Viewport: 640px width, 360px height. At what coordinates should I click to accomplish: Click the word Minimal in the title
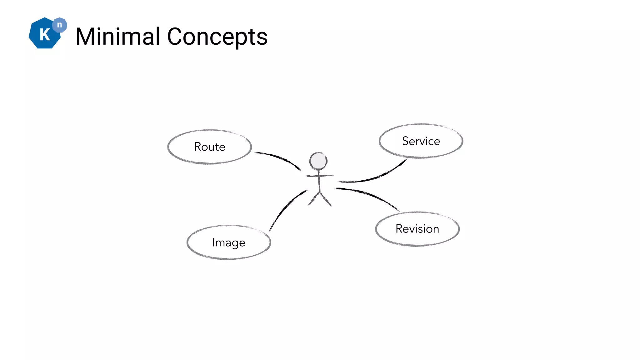click(x=118, y=37)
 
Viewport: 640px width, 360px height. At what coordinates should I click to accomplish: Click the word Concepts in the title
click(x=217, y=37)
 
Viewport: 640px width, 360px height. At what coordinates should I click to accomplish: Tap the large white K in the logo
click(x=45, y=34)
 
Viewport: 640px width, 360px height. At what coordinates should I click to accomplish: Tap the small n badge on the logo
click(x=59, y=25)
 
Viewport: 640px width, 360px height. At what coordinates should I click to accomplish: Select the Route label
click(x=210, y=147)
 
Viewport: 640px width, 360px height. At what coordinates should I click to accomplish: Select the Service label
click(x=421, y=141)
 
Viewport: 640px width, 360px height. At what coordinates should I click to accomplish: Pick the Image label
click(x=228, y=242)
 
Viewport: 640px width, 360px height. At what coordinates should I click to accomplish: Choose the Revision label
click(x=417, y=229)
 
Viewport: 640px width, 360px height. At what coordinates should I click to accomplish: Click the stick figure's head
click(x=318, y=161)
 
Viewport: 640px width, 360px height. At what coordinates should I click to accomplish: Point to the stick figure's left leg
click(x=313, y=200)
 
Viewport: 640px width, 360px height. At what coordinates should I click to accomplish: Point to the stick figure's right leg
click(x=326, y=200)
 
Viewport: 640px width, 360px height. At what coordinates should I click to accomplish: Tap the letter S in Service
click(x=406, y=141)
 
